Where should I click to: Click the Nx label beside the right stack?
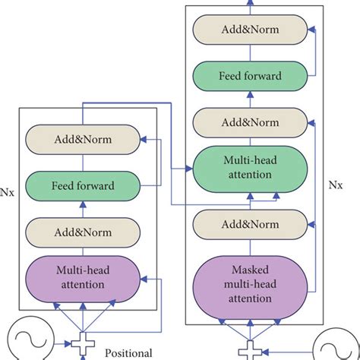[x=335, y=184]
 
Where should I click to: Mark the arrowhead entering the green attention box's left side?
[x=191, y=167]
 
